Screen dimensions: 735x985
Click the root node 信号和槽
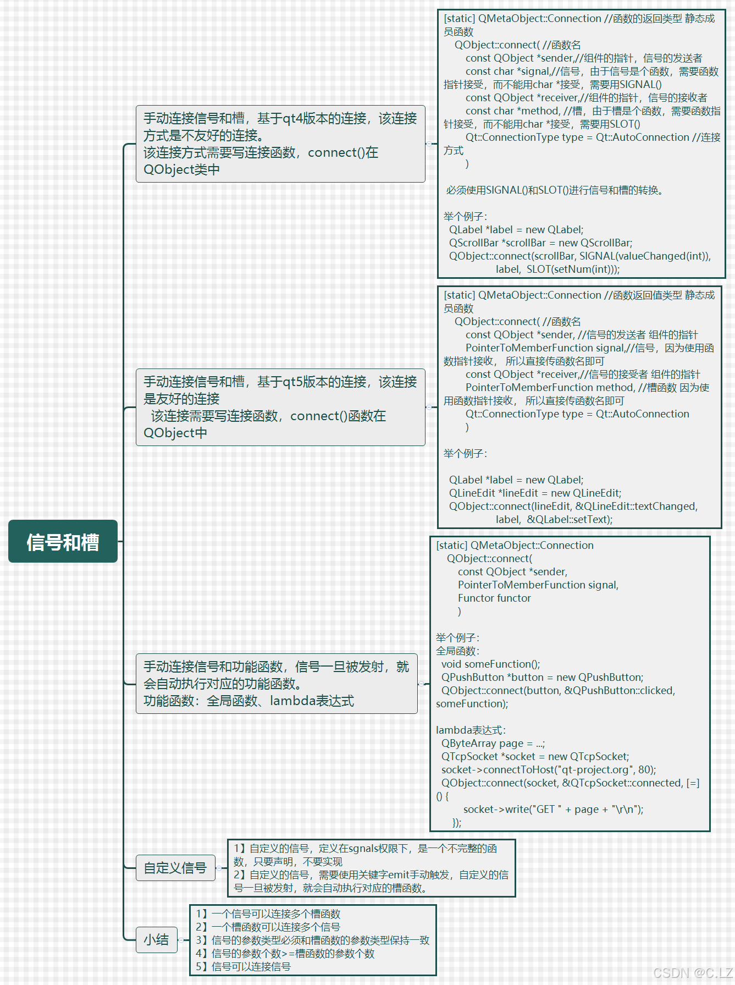63,542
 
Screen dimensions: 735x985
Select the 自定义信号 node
175,868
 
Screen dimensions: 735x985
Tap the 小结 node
156,939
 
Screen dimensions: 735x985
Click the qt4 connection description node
280,144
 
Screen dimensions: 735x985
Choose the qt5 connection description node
280,407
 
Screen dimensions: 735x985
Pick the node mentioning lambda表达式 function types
277,684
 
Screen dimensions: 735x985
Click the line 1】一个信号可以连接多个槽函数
268,914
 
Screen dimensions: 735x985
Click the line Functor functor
494,598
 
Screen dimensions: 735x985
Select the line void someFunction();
490,664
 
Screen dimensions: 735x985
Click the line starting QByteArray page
493,743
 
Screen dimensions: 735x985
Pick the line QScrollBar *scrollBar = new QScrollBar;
540,243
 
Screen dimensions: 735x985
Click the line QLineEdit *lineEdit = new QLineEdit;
535,493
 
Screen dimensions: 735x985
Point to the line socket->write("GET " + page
553,809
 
